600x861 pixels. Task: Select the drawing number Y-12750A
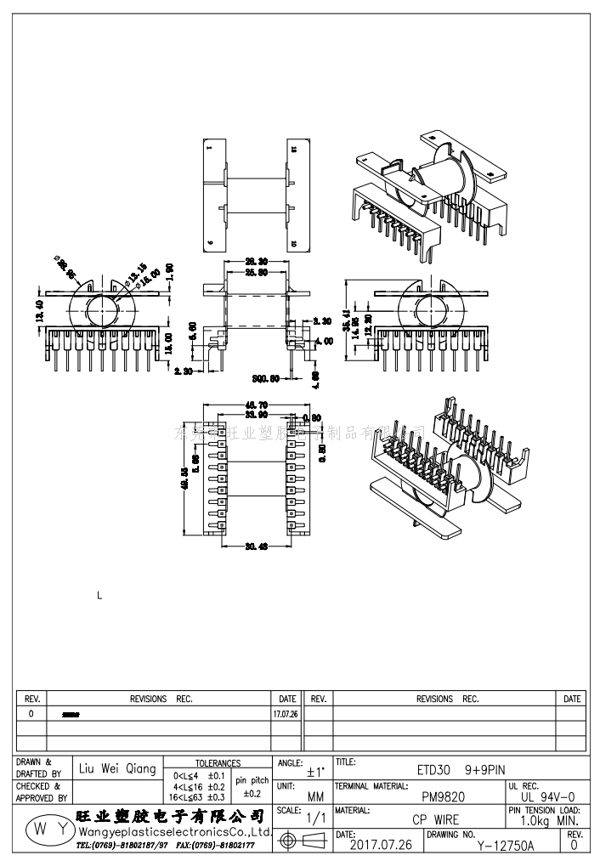click(x=505, y=846)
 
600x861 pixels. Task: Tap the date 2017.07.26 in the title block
click(x=381, y=845)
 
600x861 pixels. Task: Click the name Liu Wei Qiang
click(x=117, y=769)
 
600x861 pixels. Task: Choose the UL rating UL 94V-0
click(x=547, y=797)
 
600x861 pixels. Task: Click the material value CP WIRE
click(x=435, y=820)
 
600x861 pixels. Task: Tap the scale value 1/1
click(x=316, y=818)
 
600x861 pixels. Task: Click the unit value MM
click(x=315, y=797)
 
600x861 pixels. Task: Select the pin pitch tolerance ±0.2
click(x=252, y=794)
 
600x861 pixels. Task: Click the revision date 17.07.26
click(x=286, y=715)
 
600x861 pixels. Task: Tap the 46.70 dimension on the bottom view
click(x=256, y=404)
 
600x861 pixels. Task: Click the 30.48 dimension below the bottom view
click(x=257, y=547)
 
